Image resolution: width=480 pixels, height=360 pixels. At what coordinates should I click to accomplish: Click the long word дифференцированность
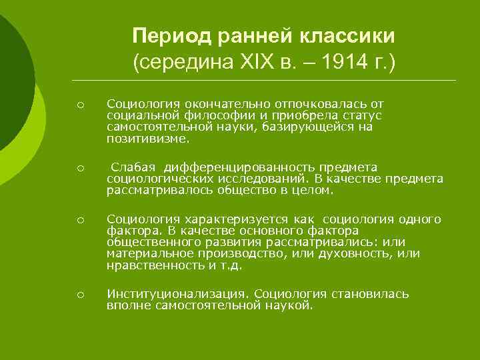[x=219, y=166]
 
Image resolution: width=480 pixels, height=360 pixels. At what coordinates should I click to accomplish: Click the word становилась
[x=370, y=293]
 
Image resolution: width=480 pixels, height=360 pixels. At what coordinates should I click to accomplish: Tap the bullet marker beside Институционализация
[x=79, y=295]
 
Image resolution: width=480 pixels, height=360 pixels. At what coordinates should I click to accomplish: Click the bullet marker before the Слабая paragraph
[x=79, y=167]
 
